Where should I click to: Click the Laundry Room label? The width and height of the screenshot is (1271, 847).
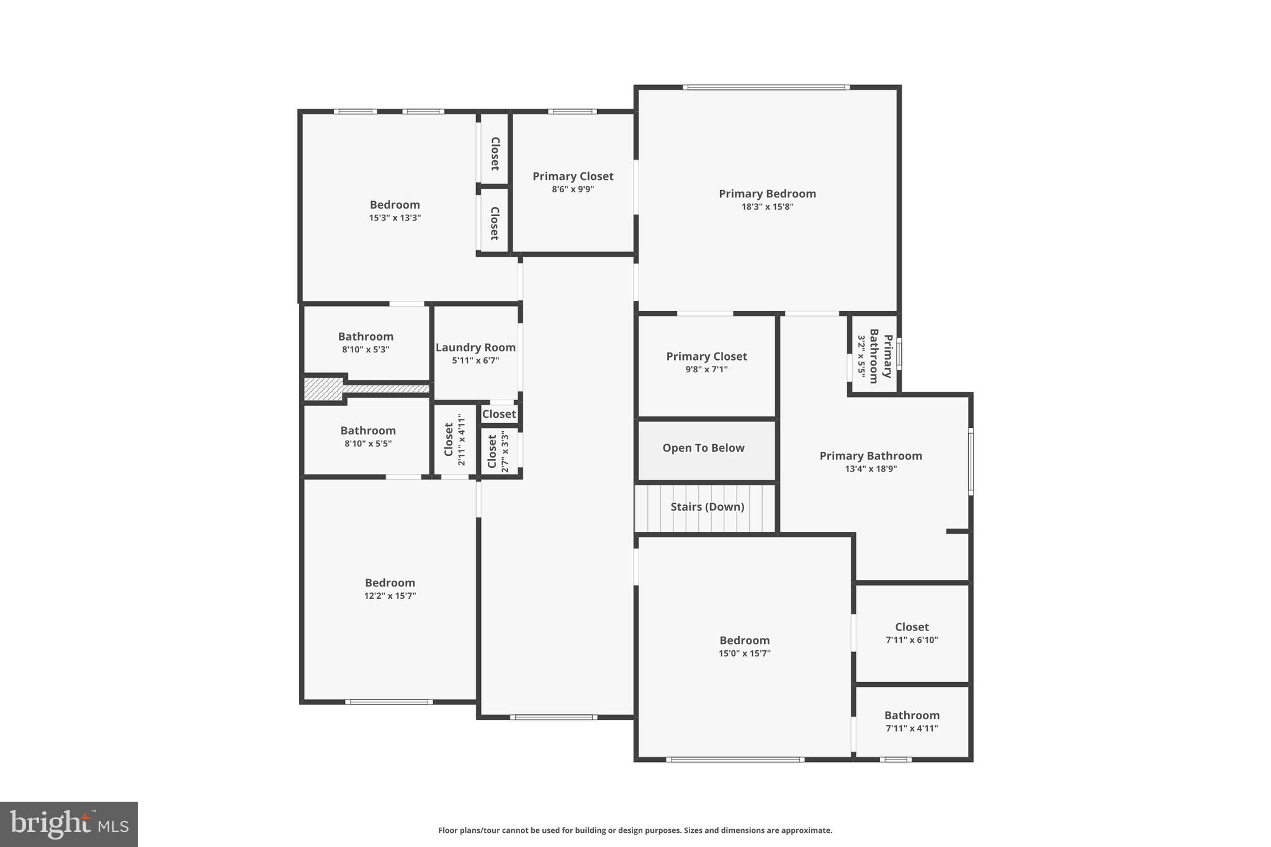click(475, 347)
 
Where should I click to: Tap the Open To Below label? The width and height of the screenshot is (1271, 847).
click(703, 448)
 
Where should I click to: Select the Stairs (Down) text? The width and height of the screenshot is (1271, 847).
click(707, 507)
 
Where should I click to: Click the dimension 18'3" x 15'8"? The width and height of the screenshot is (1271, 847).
click(767, 207)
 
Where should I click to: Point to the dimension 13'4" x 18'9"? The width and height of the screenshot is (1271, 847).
click(871, 469)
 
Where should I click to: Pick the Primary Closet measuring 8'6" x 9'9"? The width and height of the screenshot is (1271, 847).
click(573, 176)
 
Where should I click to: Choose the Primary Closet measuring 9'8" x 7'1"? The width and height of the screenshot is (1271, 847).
click(706, 356)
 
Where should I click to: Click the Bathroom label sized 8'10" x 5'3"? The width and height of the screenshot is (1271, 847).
click(366, 336)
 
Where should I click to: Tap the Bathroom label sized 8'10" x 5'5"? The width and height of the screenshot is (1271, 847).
click(367, 431)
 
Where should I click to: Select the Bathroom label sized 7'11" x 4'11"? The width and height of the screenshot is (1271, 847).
click(912, 715)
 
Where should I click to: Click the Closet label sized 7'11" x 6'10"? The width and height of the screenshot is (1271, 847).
click(912, 627)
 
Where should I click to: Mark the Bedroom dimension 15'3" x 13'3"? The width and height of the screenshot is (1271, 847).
click(395, 218)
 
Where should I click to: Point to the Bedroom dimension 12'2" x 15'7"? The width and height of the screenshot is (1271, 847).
click(390, 596)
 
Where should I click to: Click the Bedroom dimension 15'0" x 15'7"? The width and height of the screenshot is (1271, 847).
click(745, 653)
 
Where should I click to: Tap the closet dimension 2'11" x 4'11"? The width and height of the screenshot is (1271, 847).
click(462, 440)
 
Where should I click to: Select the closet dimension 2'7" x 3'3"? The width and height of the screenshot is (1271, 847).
click(505, 452)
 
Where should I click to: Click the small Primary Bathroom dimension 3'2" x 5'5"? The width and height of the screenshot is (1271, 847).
click(861, 356)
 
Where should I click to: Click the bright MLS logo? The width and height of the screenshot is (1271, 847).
click(69, 824)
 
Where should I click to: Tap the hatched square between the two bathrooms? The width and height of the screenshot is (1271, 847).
click(323, 389)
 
